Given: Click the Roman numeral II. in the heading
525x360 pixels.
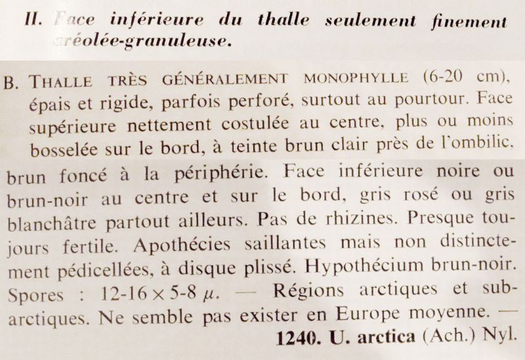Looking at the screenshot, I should pyautogui.click(x=33, y=21).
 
